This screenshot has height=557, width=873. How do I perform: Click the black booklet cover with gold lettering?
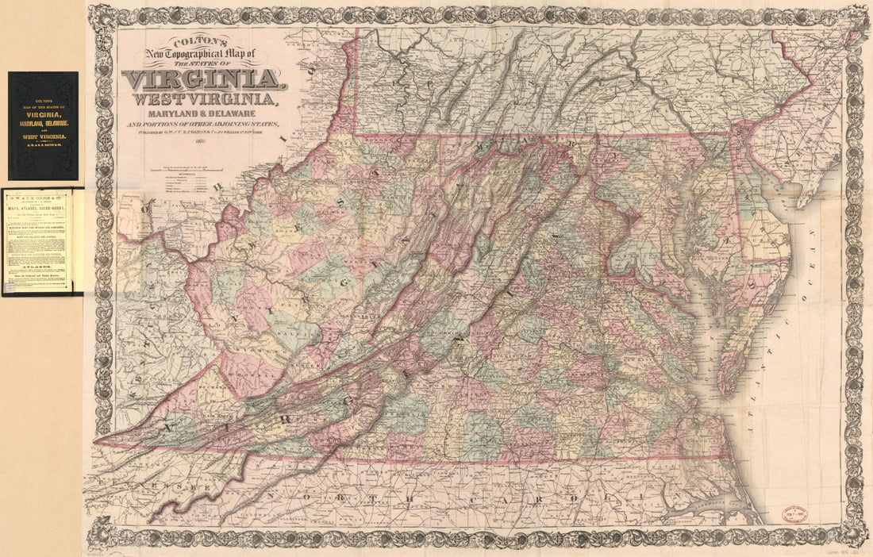(x=43, y=125)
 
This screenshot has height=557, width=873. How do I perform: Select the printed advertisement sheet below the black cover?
(x=42, y=241)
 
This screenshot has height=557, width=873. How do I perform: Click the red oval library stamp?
(x=794, y=513)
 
